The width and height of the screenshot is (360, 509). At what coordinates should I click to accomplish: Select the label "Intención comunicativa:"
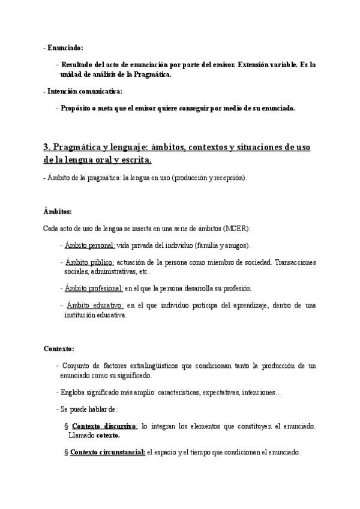click(x=84, y=91)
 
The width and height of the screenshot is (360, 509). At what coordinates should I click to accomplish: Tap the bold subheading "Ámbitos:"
click(x=58, y=212)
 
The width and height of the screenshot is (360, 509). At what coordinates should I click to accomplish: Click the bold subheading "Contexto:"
click(x=59, y=349)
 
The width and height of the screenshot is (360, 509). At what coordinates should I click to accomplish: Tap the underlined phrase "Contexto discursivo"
click(x=104, y=426)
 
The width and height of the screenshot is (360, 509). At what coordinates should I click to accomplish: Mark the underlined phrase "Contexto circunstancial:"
click(x=107, y=452)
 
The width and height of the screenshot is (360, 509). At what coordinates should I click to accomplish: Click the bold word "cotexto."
click(x=108, y=435)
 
